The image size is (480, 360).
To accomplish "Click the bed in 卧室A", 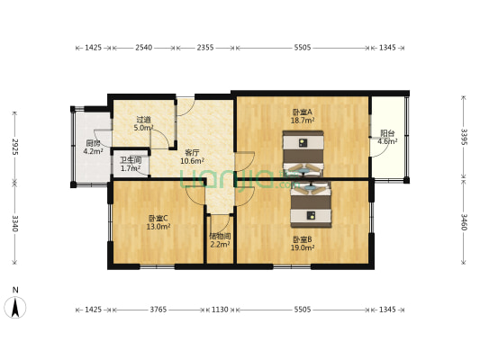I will [x=303, y=149].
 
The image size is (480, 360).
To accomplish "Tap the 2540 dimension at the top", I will [x=143, y=49].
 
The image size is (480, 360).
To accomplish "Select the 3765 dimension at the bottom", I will [x=158, y=309].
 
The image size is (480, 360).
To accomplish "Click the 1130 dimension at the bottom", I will [x=219, y=309].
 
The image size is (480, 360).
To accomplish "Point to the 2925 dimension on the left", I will [x=15, y=147].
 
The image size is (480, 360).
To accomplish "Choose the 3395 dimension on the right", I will [x=465, y=137].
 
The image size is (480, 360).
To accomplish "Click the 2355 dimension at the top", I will [x=204, y=49].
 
